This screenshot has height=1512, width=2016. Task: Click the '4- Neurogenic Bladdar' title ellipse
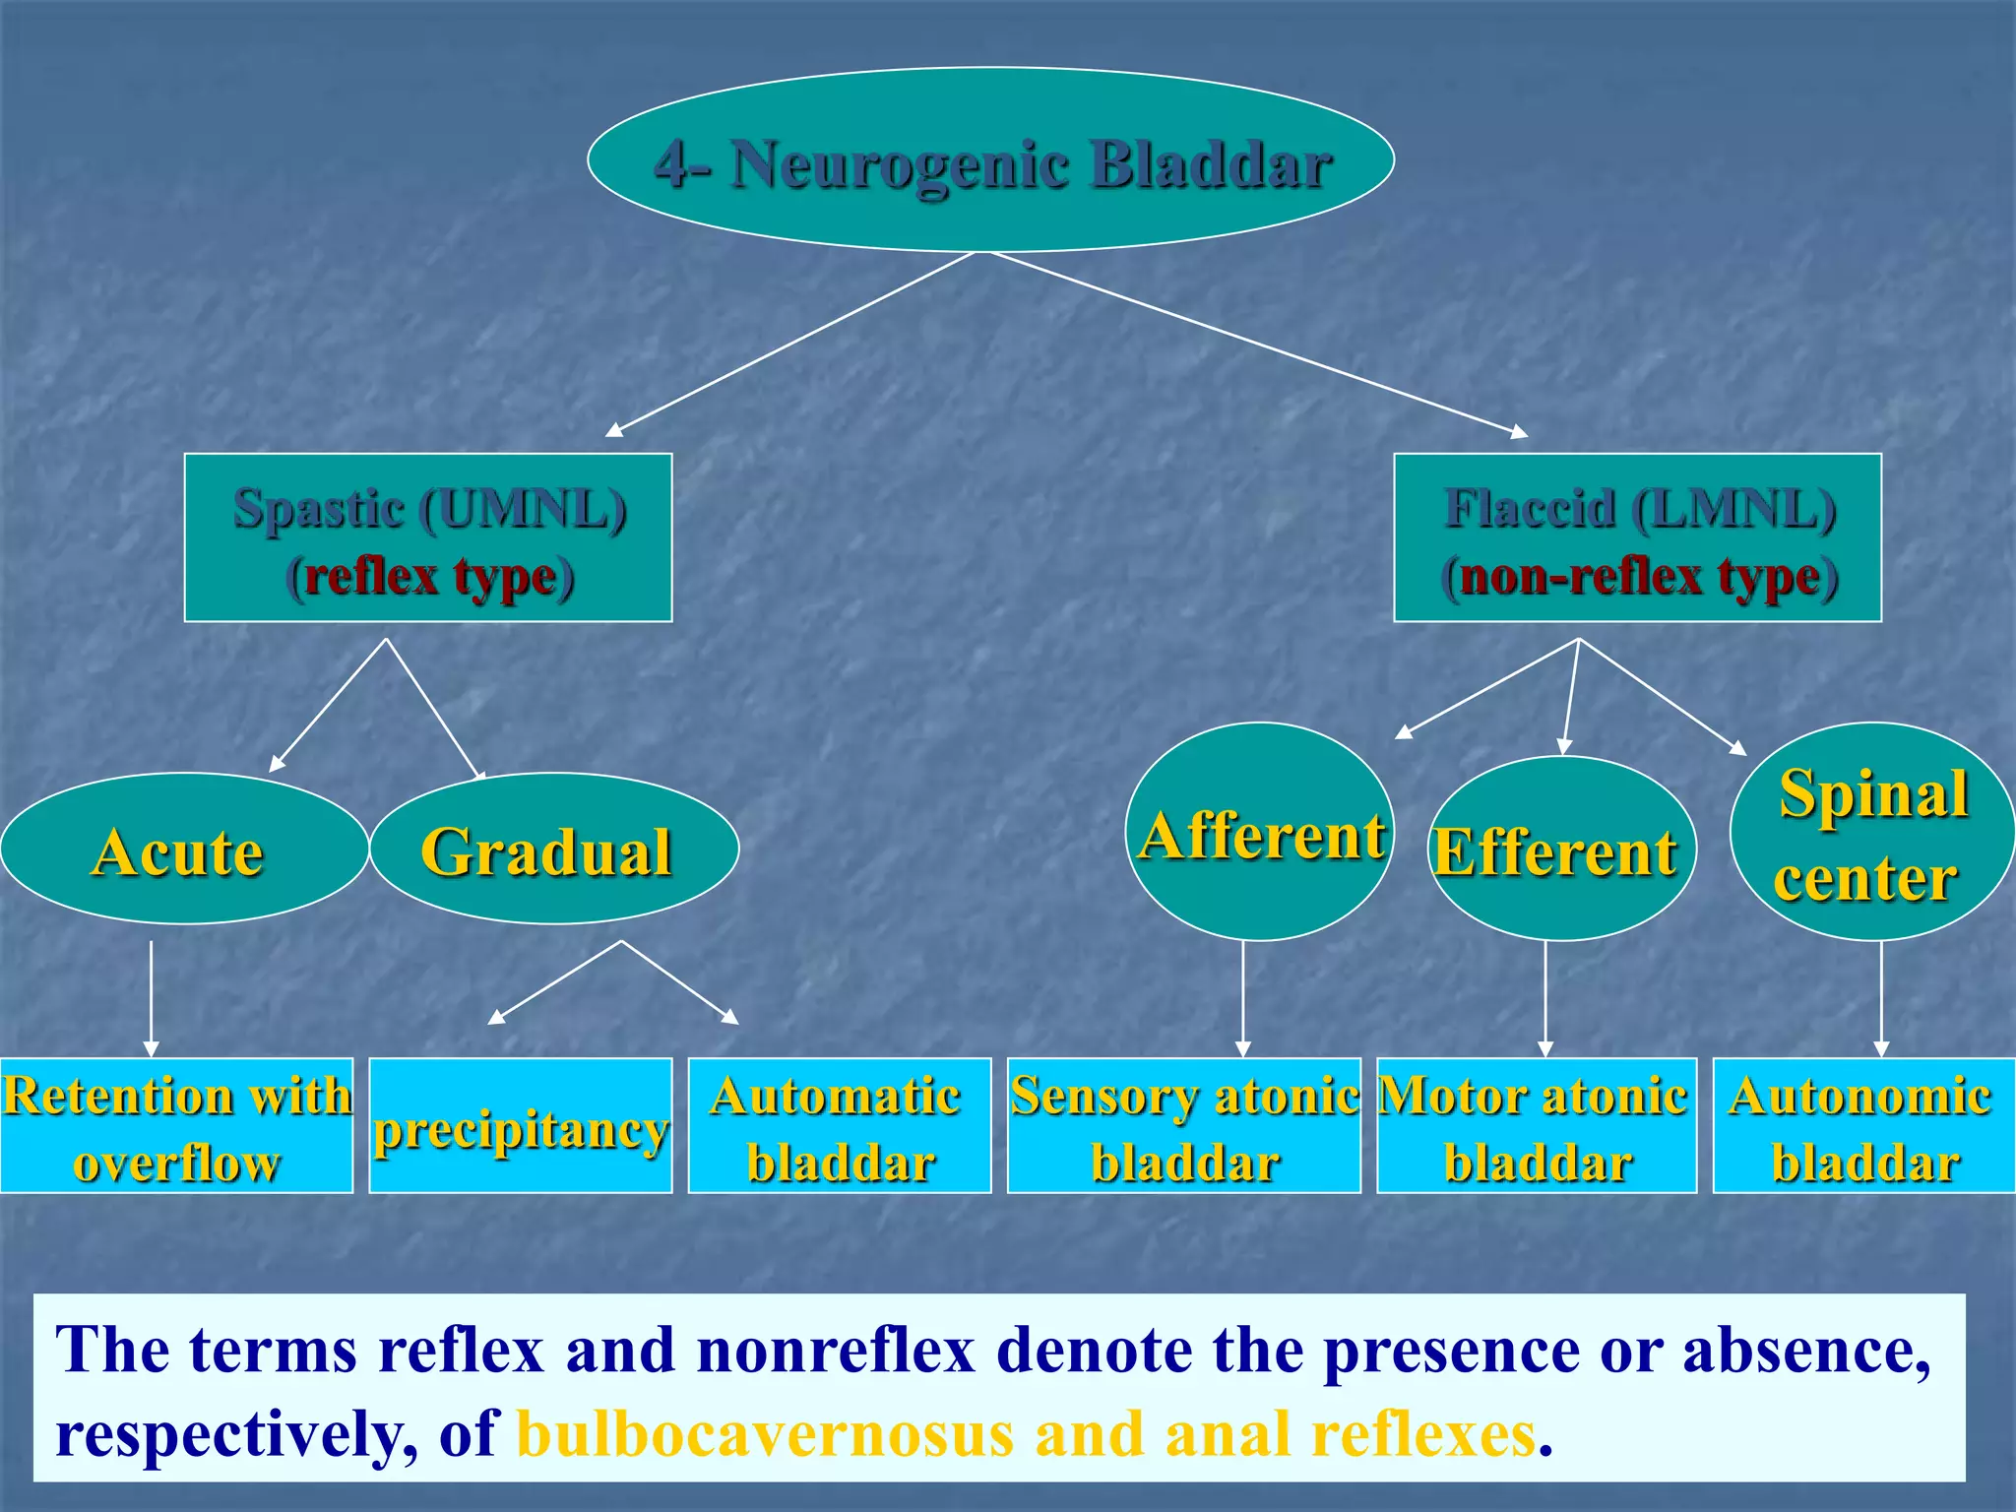[x=990, y=159]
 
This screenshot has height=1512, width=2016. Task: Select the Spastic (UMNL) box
[x=428, y=537]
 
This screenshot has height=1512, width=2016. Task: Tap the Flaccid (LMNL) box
[x=1638, y=537]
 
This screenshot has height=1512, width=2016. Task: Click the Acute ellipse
[x=184, y=849]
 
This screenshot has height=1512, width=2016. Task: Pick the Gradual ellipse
[x=554, y=849]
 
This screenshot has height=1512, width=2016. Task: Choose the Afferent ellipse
[x=1259, y=832]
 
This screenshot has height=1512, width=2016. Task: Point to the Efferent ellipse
[x=1562, y=849]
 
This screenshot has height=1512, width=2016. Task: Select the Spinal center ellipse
[x=1873, y=832]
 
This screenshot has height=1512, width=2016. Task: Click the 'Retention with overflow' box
[x=176, y=1126]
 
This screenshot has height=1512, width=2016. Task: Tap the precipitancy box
[x=521, y=1126]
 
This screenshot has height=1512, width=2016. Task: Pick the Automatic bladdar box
[x=840, y=1126]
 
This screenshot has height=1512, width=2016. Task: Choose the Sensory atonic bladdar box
[x=1184, y=1126]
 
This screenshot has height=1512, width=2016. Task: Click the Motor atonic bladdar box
[x=1537, y=1126]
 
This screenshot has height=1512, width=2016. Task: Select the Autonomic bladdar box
[x=1864, y=1126]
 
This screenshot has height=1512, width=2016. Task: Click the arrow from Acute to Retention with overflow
[x=151, y=998]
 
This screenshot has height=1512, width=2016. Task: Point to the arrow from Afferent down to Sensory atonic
[x=1243, y=998]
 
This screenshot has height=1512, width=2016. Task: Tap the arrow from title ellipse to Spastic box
[x=790, y=344]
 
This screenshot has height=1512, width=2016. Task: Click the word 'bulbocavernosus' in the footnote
[x=765, y=1434]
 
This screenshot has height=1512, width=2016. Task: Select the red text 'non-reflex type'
[x=1640, y=577]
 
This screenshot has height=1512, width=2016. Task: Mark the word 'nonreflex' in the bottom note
[x=836, y=1350]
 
